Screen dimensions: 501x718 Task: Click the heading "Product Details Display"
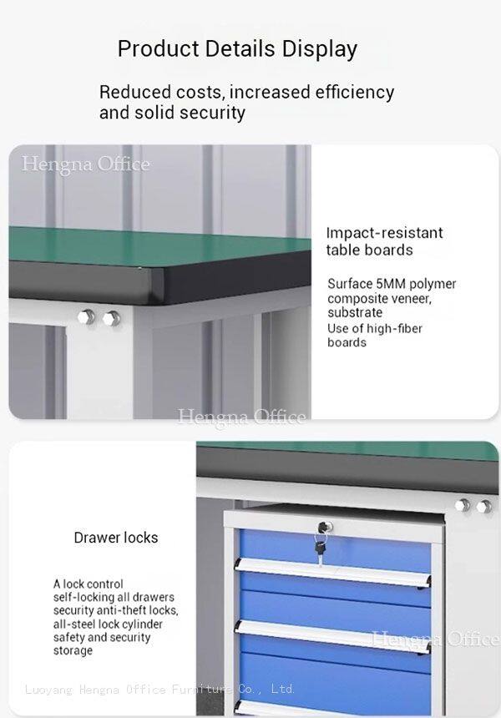click(237, 49)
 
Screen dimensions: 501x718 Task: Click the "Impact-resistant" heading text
click(385, 233)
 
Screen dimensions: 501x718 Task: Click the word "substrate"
click(355, 312)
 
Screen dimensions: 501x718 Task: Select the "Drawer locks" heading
click(116, 537)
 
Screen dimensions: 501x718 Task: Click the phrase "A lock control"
click(88, 584)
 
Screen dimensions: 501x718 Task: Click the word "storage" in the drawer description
click(73, 650)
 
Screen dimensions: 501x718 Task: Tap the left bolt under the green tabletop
click(87, 317)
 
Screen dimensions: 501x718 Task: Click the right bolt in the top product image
click(111, 318)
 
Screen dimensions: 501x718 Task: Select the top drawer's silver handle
click(332, 573)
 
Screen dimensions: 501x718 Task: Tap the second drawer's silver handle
click(332, 636)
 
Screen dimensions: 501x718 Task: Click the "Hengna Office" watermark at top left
click(86, 164)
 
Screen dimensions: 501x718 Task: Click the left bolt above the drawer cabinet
click(462, 506)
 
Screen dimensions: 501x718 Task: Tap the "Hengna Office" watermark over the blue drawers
click(435, 639)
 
